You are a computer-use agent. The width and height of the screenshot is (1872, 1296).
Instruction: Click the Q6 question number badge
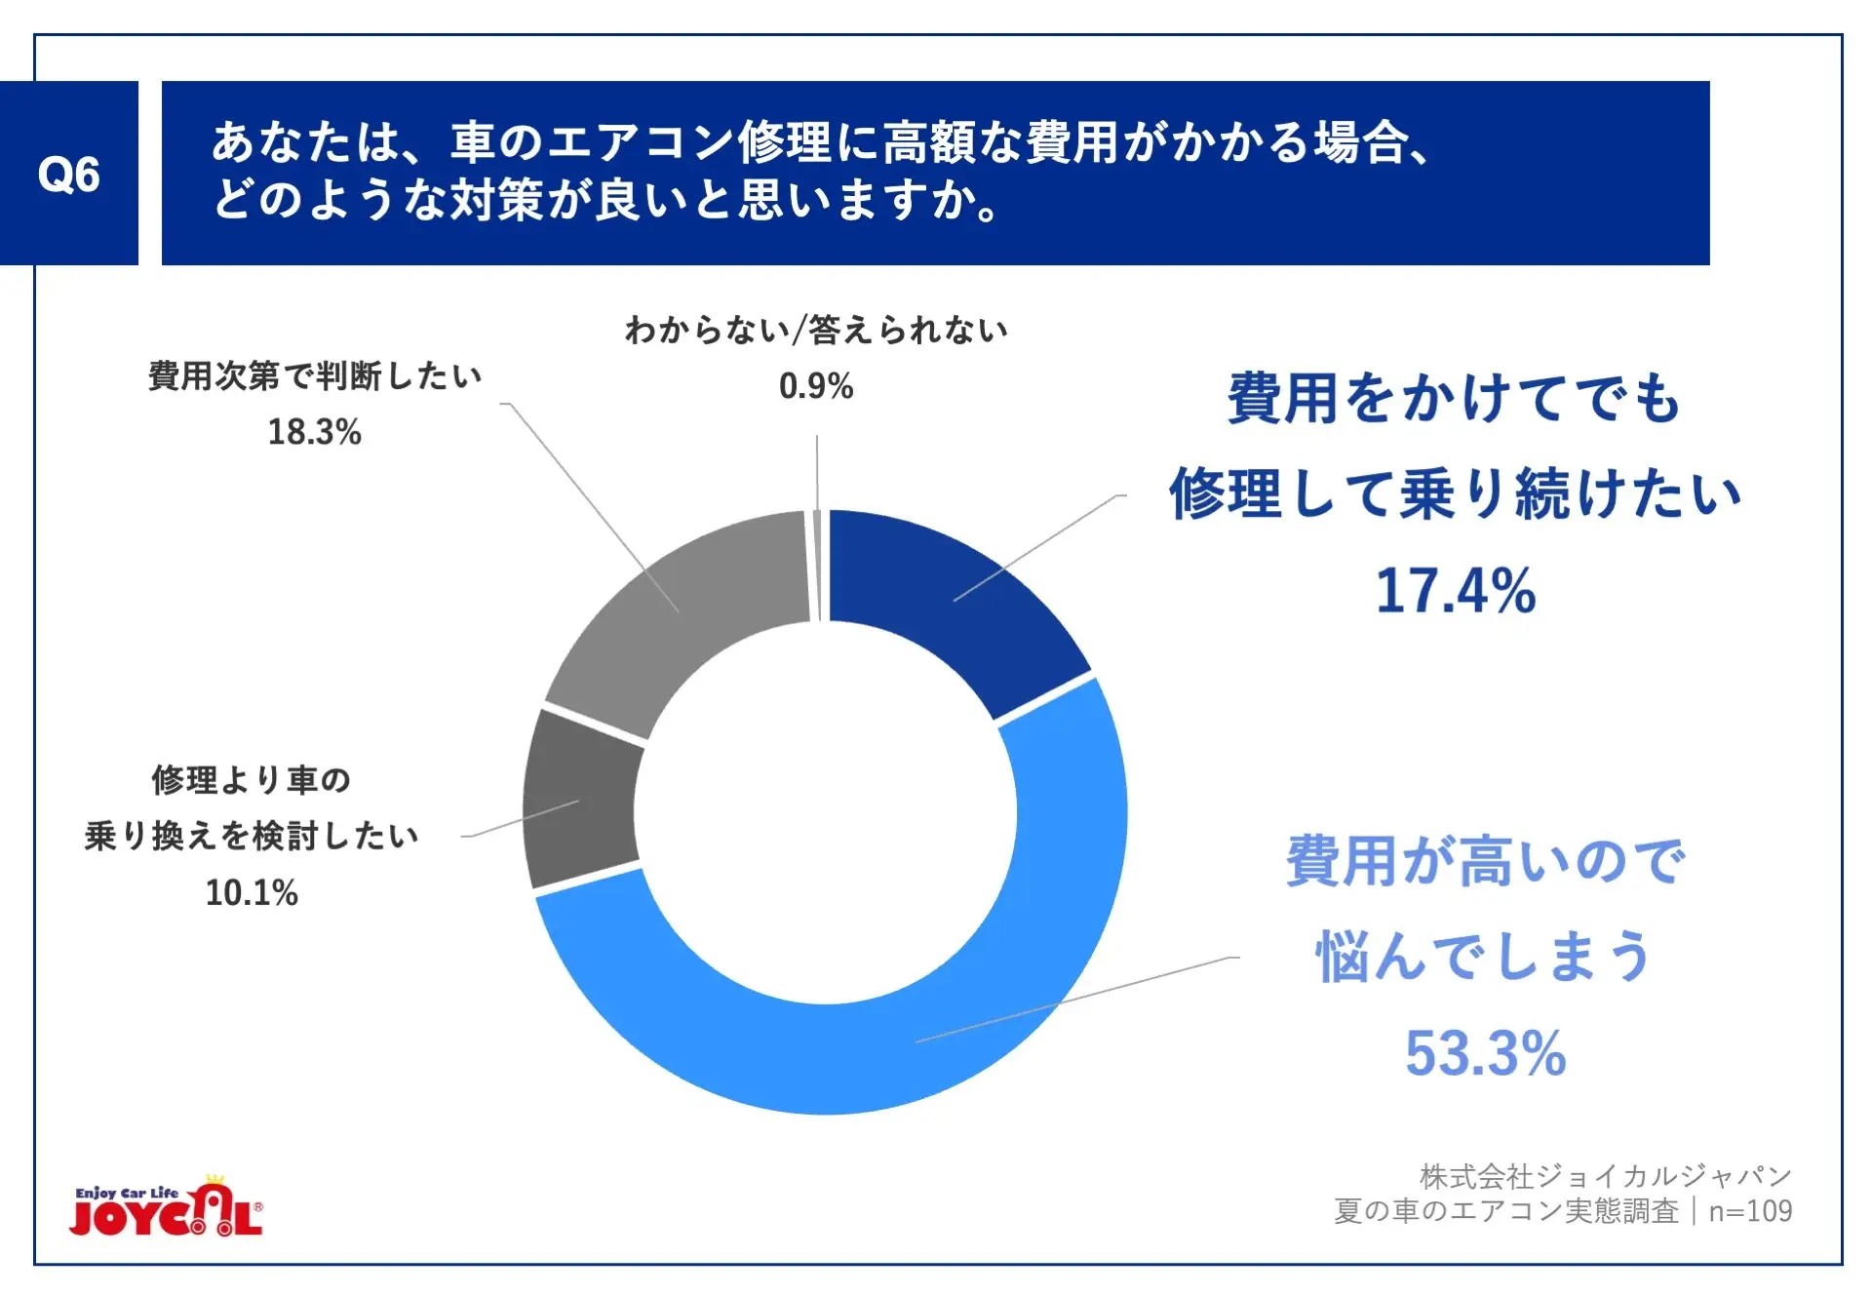pyautogui.click(x=68, y=174)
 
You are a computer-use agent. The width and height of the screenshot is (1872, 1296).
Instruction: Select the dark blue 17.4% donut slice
pyautogui.click(x=951, y=605)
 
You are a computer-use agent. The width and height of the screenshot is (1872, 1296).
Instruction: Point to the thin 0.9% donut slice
pyautogui.click(x=817, y=566)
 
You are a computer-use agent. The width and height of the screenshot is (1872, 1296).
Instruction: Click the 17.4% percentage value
pyautogui.click(x=1455, y=591)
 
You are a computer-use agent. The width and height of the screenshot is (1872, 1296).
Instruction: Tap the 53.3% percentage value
pyautogui.click(x=1485, y=1053)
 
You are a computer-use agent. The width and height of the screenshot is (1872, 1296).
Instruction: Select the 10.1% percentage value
pyautogui.click(x=252, y=892)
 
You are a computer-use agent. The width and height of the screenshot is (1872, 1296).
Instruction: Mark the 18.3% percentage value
pyautogui.click(x=314, y=431)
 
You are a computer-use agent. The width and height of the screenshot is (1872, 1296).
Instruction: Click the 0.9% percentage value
pyautogui.click(x=816, y=386)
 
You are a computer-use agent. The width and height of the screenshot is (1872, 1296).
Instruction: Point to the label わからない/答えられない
pyautogui.click(x=816, y=331)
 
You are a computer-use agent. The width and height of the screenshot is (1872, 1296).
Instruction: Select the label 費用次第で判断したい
pyautogui.click(x=314, y=376)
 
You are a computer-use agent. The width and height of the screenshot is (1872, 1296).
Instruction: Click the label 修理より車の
pyautogui.click(x=252, y=780)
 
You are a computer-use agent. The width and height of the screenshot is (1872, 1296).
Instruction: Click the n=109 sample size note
pyautogui.click(x=1750, y=1211)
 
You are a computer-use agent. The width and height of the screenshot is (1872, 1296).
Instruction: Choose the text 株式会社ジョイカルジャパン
pyautogui.click(x=1605, y=1177)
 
